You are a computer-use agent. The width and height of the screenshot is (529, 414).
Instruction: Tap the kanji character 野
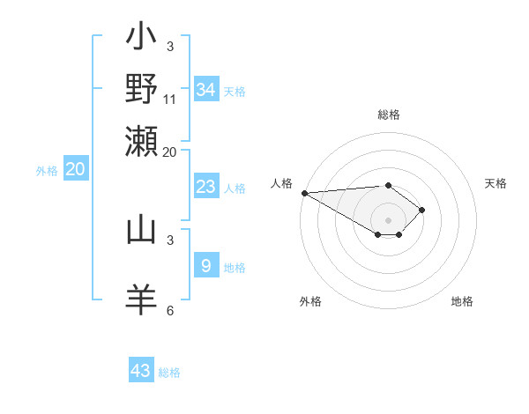141,88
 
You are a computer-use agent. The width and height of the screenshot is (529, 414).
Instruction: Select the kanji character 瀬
141,139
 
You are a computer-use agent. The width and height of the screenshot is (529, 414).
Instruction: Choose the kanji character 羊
141,299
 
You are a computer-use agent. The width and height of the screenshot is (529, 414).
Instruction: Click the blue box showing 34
206,89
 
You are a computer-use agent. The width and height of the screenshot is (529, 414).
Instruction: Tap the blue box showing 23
206,187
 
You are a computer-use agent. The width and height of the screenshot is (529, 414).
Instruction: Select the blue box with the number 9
206,265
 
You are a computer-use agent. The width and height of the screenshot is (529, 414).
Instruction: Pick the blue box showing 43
141,370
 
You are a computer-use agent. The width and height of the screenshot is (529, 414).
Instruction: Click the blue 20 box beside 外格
75,170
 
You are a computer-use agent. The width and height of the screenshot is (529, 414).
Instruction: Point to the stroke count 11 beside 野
170,99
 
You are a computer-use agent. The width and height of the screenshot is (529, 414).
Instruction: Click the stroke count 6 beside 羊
170,310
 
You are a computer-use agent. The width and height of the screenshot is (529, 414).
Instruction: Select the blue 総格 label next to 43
170,373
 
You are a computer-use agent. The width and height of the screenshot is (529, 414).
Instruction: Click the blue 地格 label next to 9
235,268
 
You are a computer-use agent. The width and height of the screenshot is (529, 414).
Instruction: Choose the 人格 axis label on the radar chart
282,183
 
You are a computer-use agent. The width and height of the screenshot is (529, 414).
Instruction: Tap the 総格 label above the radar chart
388,115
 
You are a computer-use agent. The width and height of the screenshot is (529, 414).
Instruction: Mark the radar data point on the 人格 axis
304,193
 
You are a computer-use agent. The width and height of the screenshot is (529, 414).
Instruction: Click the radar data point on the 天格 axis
423,210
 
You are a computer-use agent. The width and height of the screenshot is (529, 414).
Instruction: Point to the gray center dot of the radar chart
388,219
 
